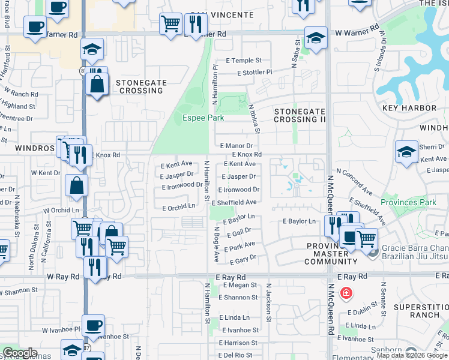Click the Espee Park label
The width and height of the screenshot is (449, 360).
[x=203, y=118]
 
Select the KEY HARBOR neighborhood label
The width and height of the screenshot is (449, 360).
[x=409, y=108]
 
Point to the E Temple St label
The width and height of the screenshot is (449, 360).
[x=244, y=61]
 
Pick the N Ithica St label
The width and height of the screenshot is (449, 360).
[x=254, y=118]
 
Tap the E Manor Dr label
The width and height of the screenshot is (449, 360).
[x=236, y=146]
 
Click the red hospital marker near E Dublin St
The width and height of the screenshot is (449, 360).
[x=346, y=293]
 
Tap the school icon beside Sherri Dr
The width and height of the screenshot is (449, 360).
[x=406, y=152]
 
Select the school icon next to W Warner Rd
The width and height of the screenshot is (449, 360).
[x=316, y=38]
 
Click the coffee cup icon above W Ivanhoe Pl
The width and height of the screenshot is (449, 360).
[x=93, y=326]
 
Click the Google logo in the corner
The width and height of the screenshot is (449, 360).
[x=19, y=353]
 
